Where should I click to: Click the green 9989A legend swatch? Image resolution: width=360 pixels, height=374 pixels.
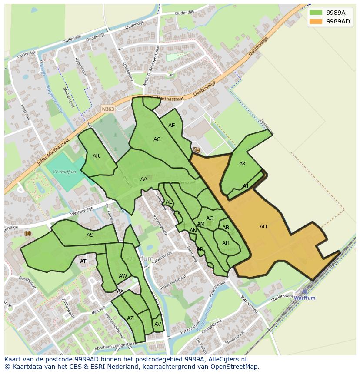[316, 13]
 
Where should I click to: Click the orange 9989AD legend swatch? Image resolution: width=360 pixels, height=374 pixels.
[316, 21]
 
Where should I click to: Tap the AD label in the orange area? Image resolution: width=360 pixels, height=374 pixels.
[263, 227]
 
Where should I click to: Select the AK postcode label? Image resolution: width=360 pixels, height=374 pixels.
[243, 164]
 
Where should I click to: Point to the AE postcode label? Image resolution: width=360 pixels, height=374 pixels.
[172, 126]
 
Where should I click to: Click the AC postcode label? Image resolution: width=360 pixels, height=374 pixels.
[157, 139]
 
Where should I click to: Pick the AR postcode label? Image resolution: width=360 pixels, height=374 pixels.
[96, 156]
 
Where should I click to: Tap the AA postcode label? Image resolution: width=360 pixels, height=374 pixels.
[144, 179]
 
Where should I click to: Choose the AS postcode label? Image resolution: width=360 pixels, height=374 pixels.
[90, 235]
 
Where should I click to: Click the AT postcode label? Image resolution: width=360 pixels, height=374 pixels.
[83, 261]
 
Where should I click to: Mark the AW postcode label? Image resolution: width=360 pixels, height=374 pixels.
[123, 276]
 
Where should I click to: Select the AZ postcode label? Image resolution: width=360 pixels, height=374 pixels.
[130, 318]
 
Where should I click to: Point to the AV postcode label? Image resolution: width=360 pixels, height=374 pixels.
[157, 324]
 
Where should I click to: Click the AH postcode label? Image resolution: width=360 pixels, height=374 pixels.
[226, 243]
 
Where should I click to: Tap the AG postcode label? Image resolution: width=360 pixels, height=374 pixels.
[210, 218]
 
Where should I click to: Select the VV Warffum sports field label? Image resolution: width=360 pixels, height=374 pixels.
[64, 172]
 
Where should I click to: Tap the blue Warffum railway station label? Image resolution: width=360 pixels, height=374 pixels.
[304, 298]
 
